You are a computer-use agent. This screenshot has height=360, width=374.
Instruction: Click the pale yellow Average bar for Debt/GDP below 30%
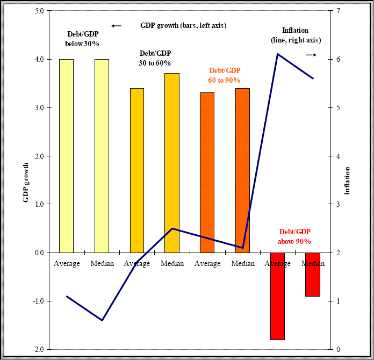tap(66, 156)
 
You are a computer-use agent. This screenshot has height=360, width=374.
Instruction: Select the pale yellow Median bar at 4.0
tap(102, 156)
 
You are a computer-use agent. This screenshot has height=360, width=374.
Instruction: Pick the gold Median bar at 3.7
tap(171, 161)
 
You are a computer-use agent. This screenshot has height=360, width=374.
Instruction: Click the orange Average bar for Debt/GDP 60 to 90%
tap(207, 172)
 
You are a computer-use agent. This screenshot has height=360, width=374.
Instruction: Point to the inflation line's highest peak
tap(277, 54)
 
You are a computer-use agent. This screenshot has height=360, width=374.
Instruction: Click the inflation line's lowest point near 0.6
tap(102, 320)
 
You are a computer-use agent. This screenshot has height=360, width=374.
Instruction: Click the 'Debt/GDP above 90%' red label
tap(294, 237)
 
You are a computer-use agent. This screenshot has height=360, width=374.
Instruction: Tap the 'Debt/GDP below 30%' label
tap(82, 39)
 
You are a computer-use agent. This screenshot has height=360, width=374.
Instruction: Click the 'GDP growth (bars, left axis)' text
tap(183, 25)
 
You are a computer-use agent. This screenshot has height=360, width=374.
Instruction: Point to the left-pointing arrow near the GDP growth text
tap(116, 26)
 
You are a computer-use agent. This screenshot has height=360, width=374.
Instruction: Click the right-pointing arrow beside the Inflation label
tap(311, 55)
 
